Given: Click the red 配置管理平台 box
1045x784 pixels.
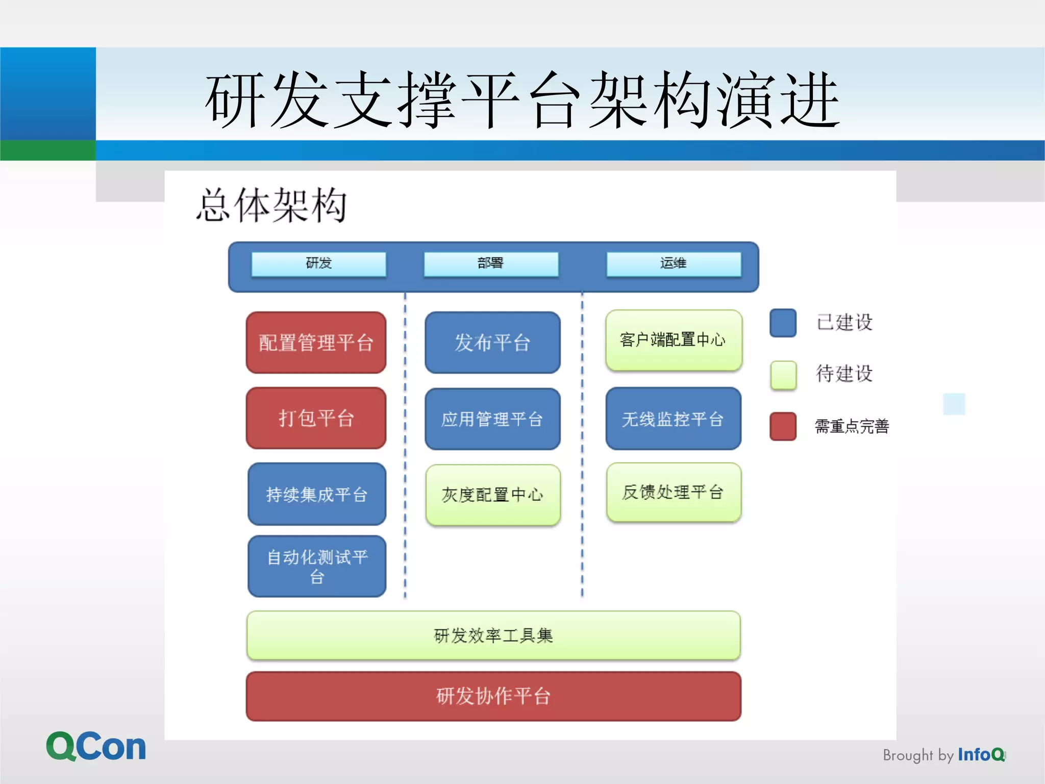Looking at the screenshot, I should (x=316, y=342).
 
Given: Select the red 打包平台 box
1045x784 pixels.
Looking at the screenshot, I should (x=316, y=418).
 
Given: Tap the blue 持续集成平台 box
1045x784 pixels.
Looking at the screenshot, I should (x=317, y=494).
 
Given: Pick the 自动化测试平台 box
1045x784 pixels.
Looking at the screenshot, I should (x=317, y=566).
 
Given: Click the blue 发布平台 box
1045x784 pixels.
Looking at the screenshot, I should (x=492, y=342).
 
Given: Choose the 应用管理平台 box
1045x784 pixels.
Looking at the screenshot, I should (x=492, y=419).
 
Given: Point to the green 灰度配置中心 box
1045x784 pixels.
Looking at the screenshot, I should (x=493, y=495).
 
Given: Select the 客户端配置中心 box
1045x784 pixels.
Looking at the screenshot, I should (x=674, y=340).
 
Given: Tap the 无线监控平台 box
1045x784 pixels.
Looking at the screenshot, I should (x=674, y=419).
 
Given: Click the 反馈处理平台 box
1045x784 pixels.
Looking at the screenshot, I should (x=674, y=492).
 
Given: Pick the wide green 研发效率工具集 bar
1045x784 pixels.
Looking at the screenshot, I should (x=493, y=635).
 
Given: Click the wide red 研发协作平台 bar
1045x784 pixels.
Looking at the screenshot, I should (x=493, y=696).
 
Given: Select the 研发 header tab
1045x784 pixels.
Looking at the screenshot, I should (x=319, y=264).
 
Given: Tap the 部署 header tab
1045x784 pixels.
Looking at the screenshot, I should (x=491, y=264).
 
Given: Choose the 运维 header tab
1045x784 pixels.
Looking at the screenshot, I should (x=674, y=264).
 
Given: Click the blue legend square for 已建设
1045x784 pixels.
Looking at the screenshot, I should (x=783, y=323).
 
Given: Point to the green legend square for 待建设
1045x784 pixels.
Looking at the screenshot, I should (x=783, y=375).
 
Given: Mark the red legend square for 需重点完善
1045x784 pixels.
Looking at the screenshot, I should (x=783, y=426).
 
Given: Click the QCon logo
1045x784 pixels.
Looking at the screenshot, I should (x=96, y=746).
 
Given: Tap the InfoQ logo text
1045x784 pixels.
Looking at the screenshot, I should (x=981, y=754).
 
